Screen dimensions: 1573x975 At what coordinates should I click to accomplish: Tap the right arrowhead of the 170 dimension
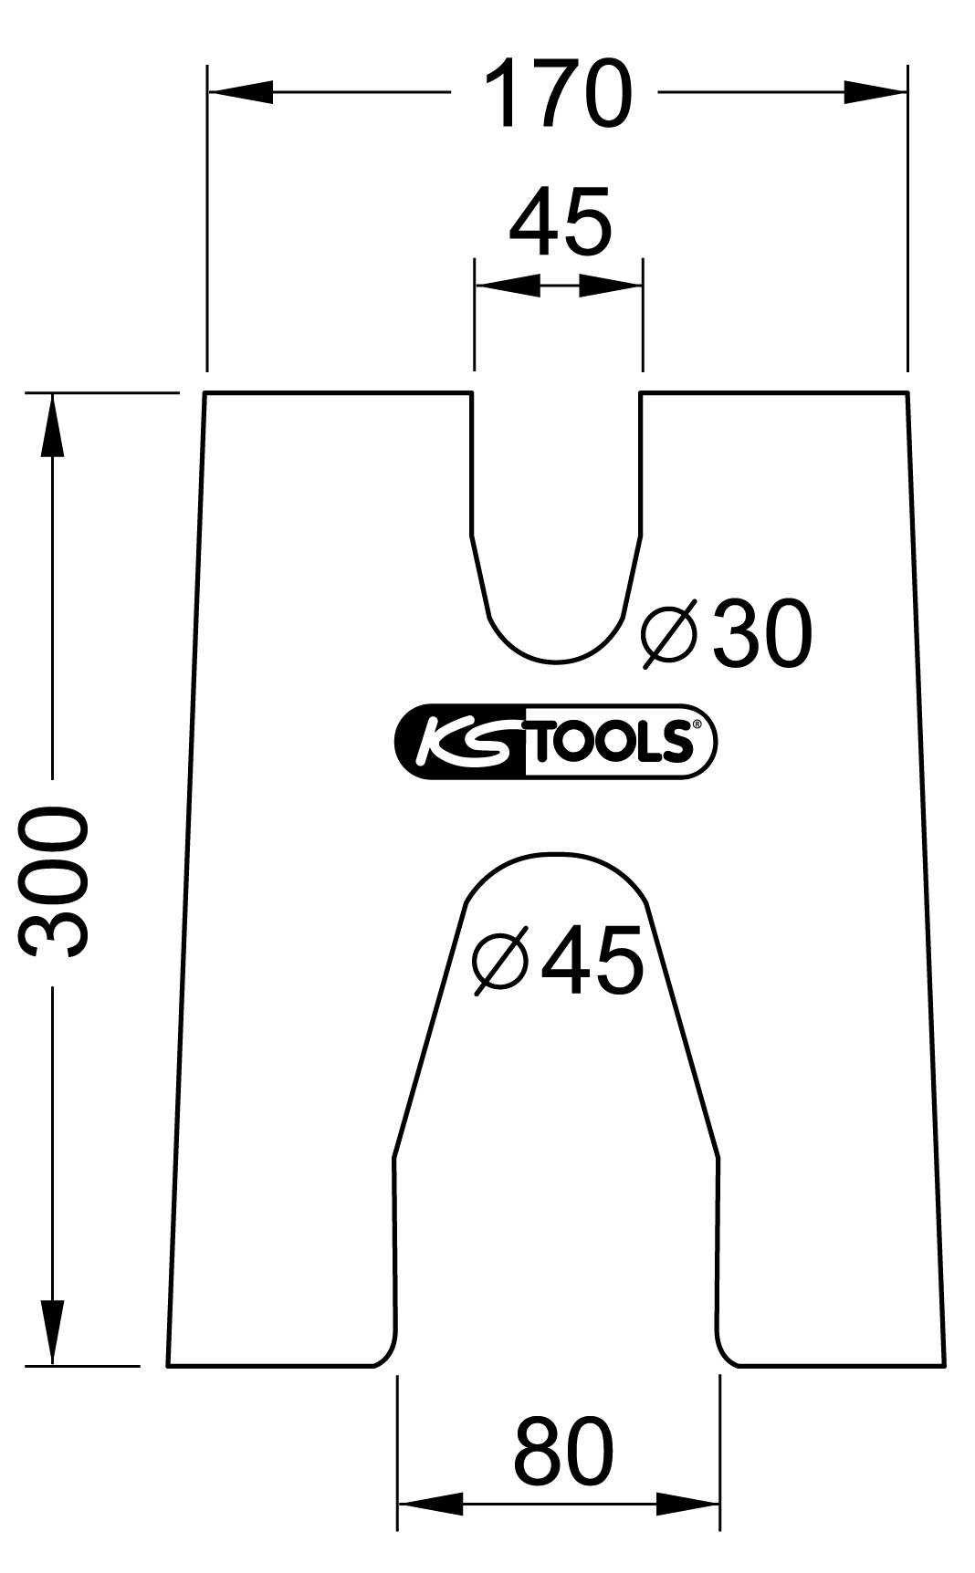(875, 92)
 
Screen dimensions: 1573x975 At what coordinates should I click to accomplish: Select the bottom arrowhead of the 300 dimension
(53, 1333)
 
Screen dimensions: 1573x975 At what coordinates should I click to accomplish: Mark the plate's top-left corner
(204, 393)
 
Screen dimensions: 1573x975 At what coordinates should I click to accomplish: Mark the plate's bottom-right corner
(944, 1365)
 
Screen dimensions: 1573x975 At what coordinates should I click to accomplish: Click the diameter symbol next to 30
(669, 633)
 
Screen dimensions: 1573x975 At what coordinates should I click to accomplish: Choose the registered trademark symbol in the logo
(697, 724)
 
